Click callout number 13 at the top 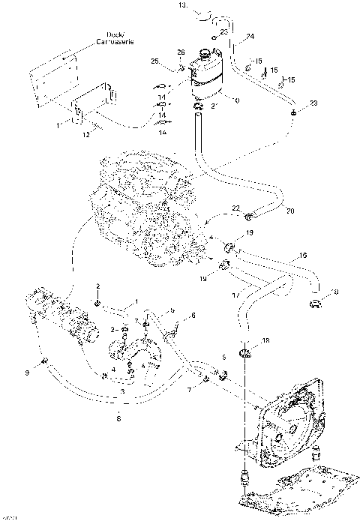181,5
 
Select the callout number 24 250,36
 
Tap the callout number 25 154,60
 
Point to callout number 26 181,52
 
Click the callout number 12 86,134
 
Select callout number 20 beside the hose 290,211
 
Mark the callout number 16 302,255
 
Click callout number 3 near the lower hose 122,391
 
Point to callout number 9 27,372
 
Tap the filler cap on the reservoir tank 203,54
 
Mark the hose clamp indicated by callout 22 248,217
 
